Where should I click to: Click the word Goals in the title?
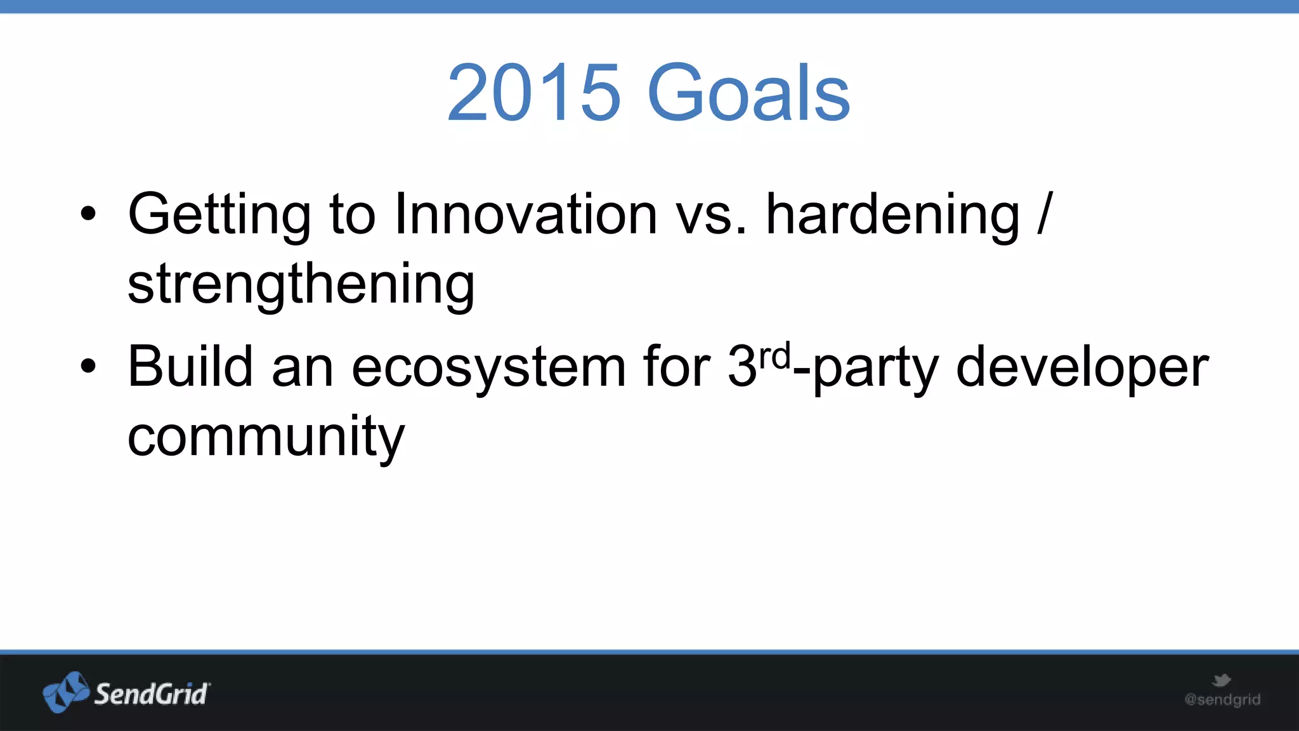pyautogui.click(x=748, y=93)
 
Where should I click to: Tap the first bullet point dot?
pyautogui.click(x=88, y=214)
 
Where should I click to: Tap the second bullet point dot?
pyautogui.click(x=88, y=366)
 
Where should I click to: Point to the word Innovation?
pyautogui.click(x=525, y=214)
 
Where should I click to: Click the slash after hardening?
pyautogui.click(x=1045, y=214)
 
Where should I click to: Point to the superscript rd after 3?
pyautogui.click(x=775, y=357)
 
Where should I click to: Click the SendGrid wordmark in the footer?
pyautogui.click(x=151, y=694)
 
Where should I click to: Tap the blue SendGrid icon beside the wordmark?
pyautogui.click(x=65, y=692)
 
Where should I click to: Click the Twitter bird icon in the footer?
pyautogui.click(x=1221, y=681)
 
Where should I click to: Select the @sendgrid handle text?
pyautogui.click(x=1222, y=700)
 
